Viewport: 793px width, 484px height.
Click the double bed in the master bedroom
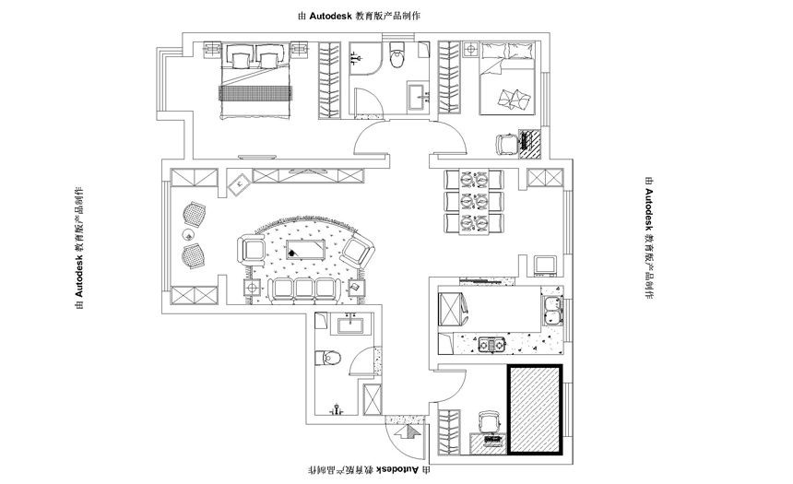[256, 81]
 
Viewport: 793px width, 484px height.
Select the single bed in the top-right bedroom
[507, 78]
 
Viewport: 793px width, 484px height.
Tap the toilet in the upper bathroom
[398, 55]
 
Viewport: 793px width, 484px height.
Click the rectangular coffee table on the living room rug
[305, 249]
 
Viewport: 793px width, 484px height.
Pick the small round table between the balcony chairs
[188, 234]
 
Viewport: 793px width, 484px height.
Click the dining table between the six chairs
[474, 202]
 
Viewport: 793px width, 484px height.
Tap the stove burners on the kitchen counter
[492, 345]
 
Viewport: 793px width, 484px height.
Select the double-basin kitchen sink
[550, 310]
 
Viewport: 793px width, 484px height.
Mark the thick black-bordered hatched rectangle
[535, 409]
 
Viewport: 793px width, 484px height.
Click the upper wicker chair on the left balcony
[194, 213]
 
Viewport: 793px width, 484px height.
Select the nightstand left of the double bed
[212, 51]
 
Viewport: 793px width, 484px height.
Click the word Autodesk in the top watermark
[331, 16]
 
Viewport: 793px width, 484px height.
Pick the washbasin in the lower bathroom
[351, 324]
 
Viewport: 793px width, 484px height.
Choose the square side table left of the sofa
[252, 289]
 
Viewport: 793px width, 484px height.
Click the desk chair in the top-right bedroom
[506, 144]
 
